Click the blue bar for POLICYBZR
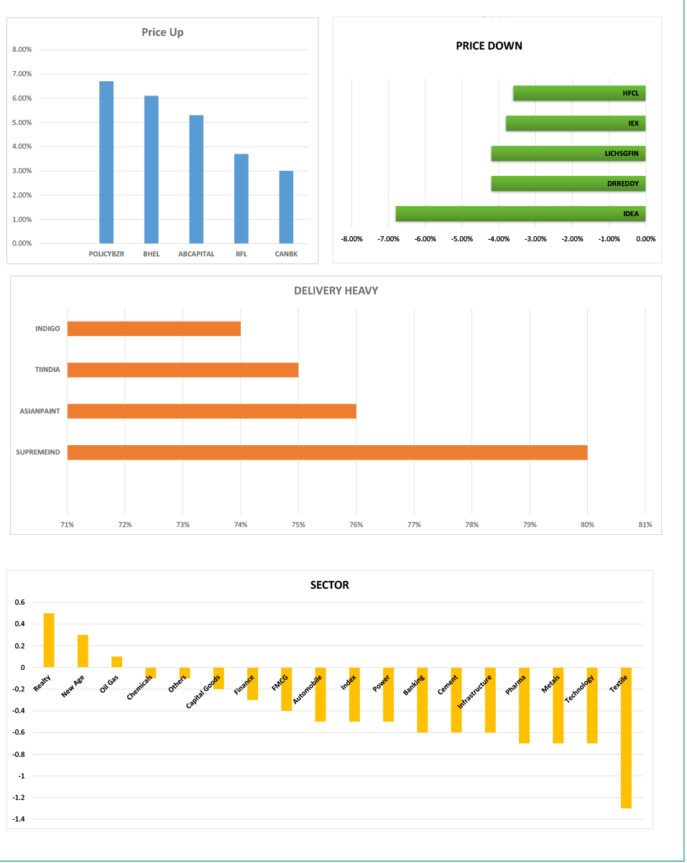106,162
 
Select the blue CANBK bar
286,207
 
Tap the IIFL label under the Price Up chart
241,254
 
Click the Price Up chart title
162,32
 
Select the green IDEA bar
520,213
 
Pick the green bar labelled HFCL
579,93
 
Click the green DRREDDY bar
568,184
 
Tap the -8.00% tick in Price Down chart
351,239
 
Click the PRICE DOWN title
489,46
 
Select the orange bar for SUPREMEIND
327,452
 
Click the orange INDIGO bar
154,328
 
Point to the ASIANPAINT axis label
40,411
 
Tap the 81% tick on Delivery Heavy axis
645,525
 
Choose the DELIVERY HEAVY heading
336,291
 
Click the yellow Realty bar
49,640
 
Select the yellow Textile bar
626,738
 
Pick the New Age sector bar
83,651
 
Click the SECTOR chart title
329,585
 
